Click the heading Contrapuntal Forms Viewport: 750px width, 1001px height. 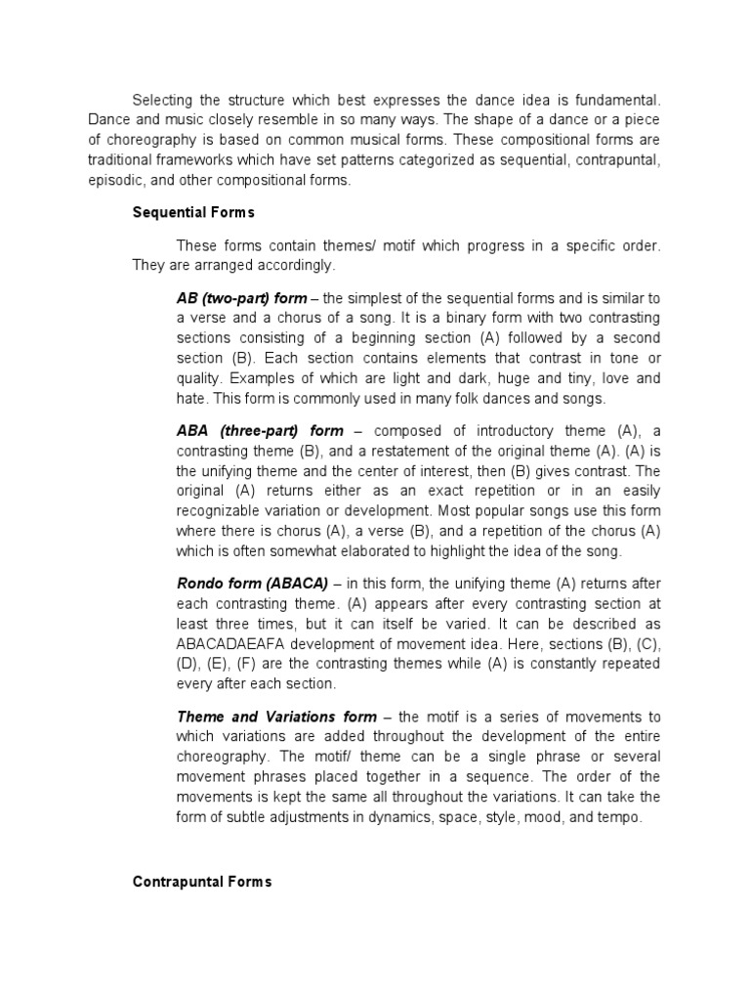click(202, 882)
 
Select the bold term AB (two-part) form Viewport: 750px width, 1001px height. click(241, 298)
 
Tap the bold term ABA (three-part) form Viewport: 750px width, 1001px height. click(260, 431)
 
